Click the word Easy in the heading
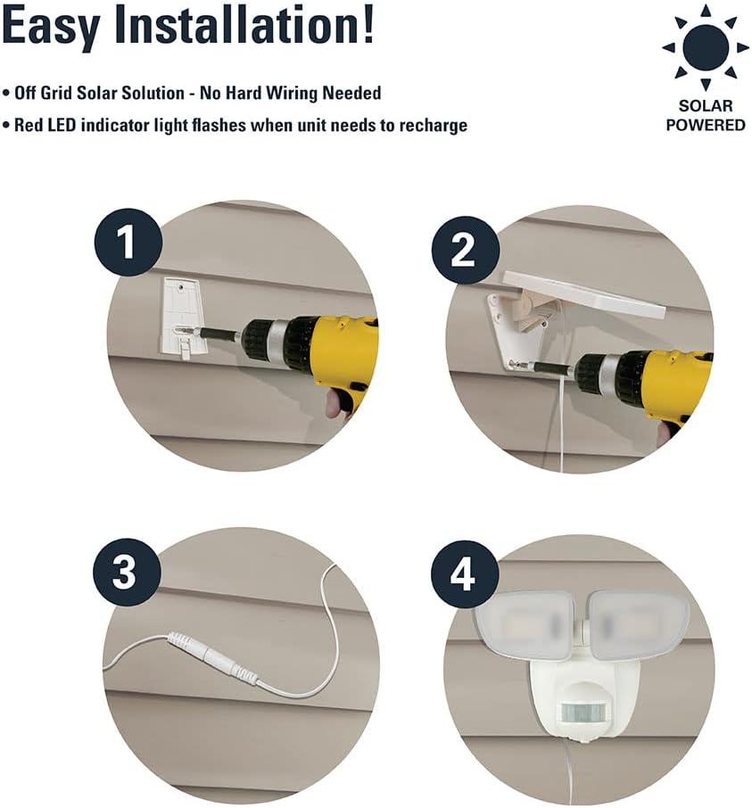51,27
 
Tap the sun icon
705,47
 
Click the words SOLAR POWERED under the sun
705,115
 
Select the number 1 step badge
128,243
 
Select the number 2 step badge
466,250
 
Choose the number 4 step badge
465,574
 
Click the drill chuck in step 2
596,371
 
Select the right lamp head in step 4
638,623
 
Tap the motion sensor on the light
583,713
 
